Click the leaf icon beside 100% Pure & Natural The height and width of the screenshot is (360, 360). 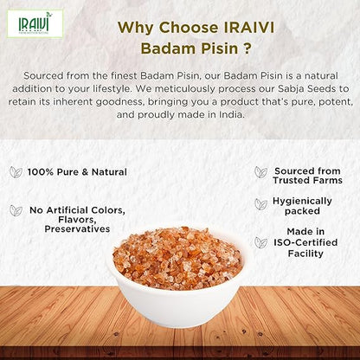click(x=16, y=172)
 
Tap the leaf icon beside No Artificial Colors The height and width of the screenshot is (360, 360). click(x=16, y=210)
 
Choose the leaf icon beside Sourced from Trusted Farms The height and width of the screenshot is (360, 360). click(x=260, y=172)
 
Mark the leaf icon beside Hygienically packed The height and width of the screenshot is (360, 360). click(x=260, y=204)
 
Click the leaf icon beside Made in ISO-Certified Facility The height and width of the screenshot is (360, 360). click(x=260, y=242)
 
